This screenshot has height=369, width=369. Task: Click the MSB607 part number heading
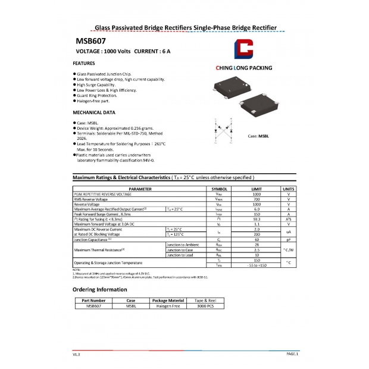(90, 42)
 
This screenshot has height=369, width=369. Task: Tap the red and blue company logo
(244, 50)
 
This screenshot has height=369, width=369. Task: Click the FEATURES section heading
(83, 62)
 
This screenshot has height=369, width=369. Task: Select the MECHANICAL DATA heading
(93, 112)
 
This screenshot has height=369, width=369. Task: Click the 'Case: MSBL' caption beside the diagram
(258, 136)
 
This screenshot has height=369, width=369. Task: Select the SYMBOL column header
(220, 189)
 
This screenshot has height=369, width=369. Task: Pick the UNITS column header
(288, 189)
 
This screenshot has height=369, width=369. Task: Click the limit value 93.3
(257, 218)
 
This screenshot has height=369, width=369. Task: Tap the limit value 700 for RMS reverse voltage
(257, 199)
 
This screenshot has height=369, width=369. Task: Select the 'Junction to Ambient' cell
(183, 245)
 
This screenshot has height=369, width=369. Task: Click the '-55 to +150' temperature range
(257, 265)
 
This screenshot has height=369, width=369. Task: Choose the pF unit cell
(288, 239)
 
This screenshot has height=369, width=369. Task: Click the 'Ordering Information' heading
(99, 289)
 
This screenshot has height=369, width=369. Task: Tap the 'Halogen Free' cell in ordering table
(168, 306)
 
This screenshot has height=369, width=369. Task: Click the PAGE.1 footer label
(292, 354)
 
